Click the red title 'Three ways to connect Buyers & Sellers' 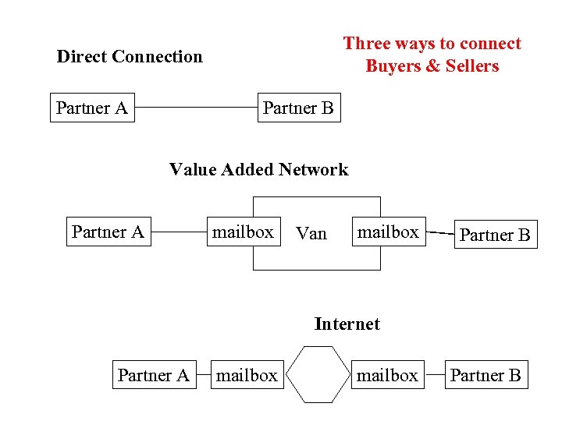coord(432,55)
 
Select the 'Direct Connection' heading coord(130,56)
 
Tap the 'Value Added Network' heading coord(258,169)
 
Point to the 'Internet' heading coord(347,324)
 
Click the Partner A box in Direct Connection coord(92,108)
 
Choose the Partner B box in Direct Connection coord(298,108)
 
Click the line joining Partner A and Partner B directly coord(196,108)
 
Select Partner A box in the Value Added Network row coord(108,232)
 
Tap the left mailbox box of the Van coord(243,232)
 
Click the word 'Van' coord(311,234)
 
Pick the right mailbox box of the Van coord(388,232)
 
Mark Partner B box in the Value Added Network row coord(495,235)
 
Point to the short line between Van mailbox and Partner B coord(441,233)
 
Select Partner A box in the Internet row coord(153,375)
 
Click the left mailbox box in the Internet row coord(246,375)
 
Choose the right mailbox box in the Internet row coord(387,375)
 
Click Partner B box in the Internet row coord(486,375)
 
